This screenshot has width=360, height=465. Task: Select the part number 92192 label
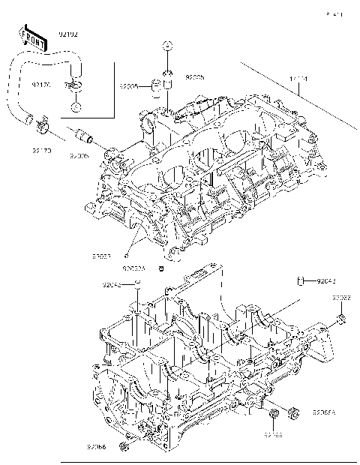click(x=67, y=34)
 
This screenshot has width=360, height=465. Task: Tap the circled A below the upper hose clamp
click(x=76, y=106)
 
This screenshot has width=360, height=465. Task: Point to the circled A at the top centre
click(x=168, y=47)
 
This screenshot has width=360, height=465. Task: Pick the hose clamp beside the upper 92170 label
click(x=74, y=86)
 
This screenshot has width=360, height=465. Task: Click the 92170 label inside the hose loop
click(x=40, y=85)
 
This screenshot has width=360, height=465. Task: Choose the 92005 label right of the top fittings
click(x=194, y=77)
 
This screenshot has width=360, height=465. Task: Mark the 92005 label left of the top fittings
click(x=130, y=87)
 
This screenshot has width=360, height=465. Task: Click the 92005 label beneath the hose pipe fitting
click(x=79, y=156)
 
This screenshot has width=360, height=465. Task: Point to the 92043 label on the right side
click(x=326, y=281)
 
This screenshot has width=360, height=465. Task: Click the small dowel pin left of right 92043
click(x=300, y=281)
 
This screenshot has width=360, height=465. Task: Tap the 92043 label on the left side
click(x=112, y=285)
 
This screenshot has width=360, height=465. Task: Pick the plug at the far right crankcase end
click(x=341, y=322)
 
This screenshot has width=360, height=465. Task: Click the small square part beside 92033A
click(x=160, y=267)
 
